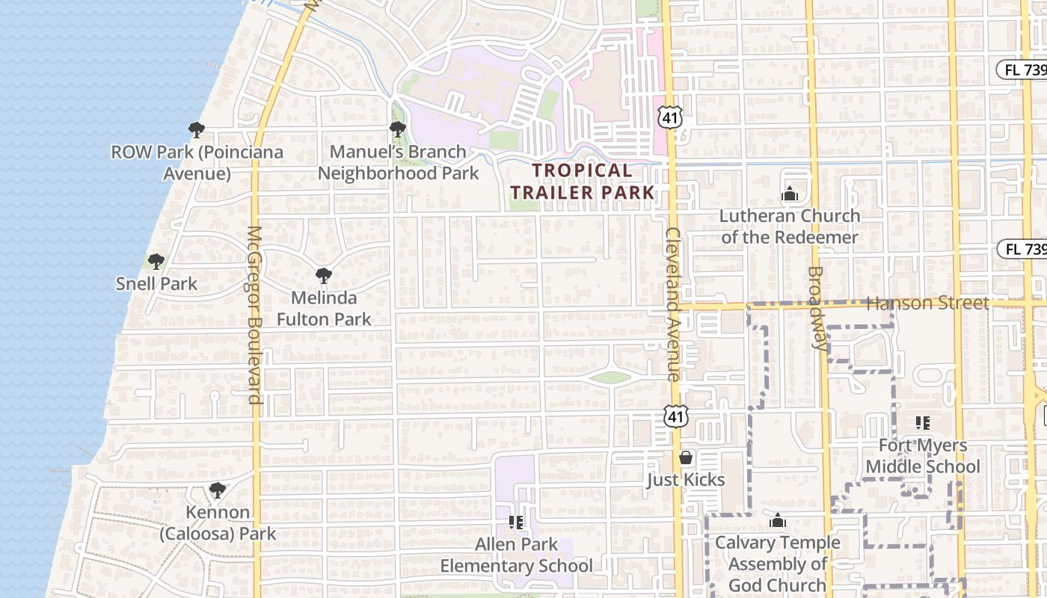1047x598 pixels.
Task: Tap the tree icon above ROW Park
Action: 197,130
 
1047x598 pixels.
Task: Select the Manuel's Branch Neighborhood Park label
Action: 398,162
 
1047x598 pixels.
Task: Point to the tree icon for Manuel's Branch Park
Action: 398,129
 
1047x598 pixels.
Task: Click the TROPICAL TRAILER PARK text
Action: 582,181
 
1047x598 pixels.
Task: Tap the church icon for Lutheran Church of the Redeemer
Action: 790,194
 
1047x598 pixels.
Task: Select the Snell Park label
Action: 156,283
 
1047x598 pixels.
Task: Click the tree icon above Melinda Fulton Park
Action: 324,276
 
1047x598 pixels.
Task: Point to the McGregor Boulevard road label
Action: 254,314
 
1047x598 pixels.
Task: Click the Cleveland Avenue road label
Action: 672,304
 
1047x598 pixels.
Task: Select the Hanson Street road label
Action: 927,303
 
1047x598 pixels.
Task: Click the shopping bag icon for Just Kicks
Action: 686,457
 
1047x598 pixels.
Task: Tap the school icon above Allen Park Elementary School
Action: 515,522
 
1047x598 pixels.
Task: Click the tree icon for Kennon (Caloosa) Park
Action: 218,490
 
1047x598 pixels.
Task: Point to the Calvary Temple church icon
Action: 778,520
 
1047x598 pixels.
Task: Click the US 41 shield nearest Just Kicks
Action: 675,416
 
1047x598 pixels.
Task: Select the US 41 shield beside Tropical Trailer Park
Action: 670,116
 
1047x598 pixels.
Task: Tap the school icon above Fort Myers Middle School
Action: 923,423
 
